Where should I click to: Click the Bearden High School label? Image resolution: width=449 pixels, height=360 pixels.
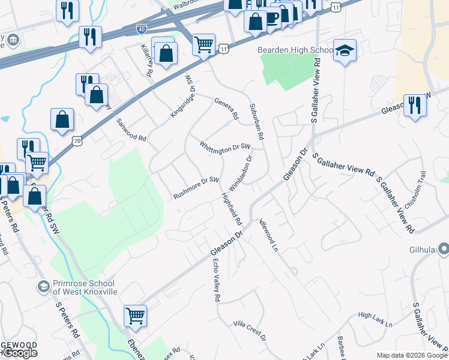tap(295, 50)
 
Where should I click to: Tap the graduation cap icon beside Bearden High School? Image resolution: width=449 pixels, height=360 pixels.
tap(345, 50)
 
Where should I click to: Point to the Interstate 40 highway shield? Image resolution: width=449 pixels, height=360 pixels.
tap(140, 28)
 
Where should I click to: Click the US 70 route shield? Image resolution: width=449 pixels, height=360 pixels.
tap(76, 140)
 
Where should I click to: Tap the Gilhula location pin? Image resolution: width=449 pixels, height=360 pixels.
tap(444, 248)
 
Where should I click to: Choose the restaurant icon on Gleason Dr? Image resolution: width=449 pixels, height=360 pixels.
tap(415, 106)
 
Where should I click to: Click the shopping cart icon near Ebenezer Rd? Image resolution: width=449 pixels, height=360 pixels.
tap(135, 316)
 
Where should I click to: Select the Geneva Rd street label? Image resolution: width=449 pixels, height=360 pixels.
tap(227, 108)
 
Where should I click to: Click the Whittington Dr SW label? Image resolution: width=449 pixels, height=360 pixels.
tap(224, 147)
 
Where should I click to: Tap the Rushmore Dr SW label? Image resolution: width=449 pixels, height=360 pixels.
tap(196, 188)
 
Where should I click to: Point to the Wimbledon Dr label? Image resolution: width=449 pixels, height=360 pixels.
tap(241, 172)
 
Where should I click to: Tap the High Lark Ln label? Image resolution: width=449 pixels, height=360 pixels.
tap(375, 319)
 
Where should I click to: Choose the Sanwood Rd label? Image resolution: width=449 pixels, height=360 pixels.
tap(131, 130)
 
